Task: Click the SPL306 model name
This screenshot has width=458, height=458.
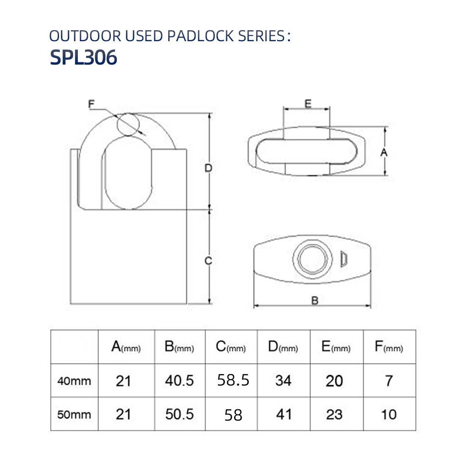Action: tap(83, 58)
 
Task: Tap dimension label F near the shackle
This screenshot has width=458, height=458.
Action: tap(91, 105)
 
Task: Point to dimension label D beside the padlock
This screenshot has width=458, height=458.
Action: tap(208, 169)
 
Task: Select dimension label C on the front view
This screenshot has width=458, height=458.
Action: tap(208, 261)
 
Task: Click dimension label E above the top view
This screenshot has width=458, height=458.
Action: tap(308, 104)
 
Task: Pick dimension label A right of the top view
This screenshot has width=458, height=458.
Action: tap(384, 152)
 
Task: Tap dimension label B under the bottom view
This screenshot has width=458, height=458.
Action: tap(315, 300)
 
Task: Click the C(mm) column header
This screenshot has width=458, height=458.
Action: tap(231, 347)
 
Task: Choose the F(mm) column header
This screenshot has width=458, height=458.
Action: tap(388, 347)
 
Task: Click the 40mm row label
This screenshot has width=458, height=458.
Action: tap(74, 381)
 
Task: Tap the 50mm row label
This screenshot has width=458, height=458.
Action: tap(74, 414)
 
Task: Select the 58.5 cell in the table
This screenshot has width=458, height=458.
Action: tap(233, 380)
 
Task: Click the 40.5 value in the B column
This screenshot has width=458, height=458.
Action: tap(179, 380)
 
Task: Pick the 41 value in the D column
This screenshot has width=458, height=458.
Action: tap(284, 414)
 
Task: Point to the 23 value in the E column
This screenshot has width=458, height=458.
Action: tap(334, 414)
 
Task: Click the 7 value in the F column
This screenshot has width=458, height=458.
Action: tap(389, 380)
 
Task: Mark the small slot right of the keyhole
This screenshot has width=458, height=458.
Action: tap(344, 259)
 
